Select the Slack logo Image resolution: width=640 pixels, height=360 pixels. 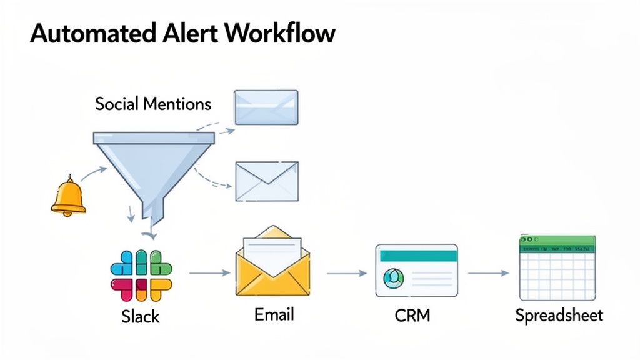point(141,275)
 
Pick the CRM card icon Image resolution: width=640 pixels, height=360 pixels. point(416,270)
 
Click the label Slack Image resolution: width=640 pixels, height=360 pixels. point(141,316)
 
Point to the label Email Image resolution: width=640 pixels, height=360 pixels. point(274,314)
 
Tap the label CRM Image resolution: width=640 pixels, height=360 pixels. point(412,315)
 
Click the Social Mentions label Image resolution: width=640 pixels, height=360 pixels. point(153,104)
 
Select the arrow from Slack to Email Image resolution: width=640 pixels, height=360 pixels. point(209,272)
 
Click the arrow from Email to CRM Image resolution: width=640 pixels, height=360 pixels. point(346,273)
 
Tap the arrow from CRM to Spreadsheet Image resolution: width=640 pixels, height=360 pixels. point(488,273)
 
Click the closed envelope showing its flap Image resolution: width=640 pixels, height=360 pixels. point(267,181)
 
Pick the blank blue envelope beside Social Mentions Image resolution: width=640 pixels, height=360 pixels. point(266,107)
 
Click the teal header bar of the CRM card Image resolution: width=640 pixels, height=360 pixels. point(417,255)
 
